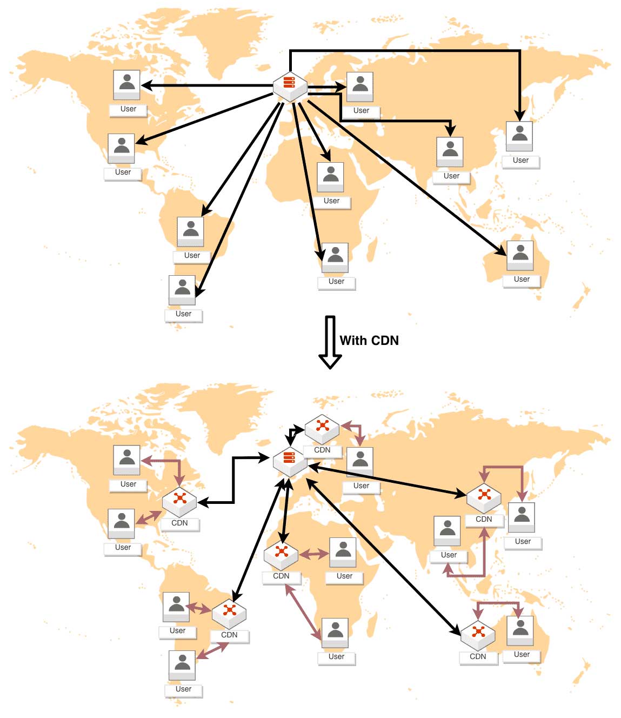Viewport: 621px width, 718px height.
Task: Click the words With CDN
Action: [x=369, y=341]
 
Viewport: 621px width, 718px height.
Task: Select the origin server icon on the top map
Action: [x=290, y=86]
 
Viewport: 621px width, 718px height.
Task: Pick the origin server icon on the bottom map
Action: [x=290, y=461]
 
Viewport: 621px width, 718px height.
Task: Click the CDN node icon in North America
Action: [x=180, y=501]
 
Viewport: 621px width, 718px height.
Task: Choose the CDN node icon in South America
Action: [x=229, y=613]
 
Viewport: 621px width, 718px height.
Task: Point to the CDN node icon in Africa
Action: [x=281, y=554]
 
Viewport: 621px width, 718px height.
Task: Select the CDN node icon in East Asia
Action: [x=484, y=497]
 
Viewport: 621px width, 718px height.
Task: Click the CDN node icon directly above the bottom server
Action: [x=322, y=428]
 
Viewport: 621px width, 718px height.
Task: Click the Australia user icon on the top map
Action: [x=520, y=255]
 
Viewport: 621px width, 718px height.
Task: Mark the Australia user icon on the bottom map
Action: [x=520, y=630]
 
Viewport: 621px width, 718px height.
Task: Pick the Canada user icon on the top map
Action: [x=127, y=85]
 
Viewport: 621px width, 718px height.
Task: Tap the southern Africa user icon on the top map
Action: [x=335, y=257]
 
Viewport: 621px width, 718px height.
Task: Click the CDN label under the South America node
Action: [x=229, y=635]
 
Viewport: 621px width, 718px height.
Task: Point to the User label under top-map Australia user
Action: [x=522, y=280]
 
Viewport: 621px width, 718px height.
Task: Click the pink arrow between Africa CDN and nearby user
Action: [x=314, y=554]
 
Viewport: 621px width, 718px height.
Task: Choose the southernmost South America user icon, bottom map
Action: [x=182, y=665]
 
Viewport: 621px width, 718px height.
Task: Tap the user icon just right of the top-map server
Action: [x=360, y=87]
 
